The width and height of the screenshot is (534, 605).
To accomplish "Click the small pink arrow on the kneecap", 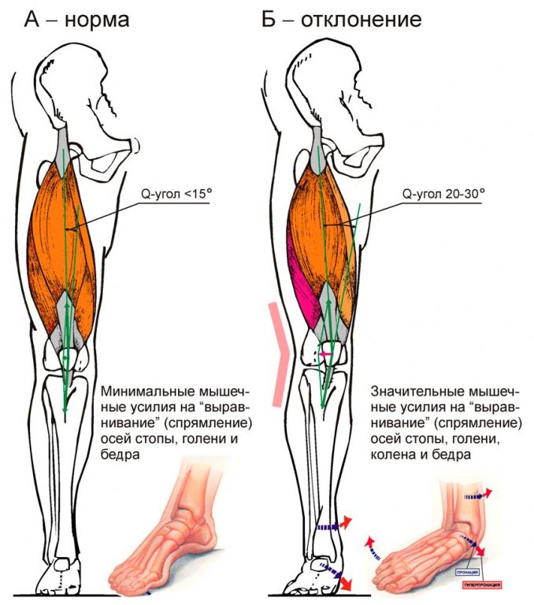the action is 323,354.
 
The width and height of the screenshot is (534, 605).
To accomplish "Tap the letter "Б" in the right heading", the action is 269,18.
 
